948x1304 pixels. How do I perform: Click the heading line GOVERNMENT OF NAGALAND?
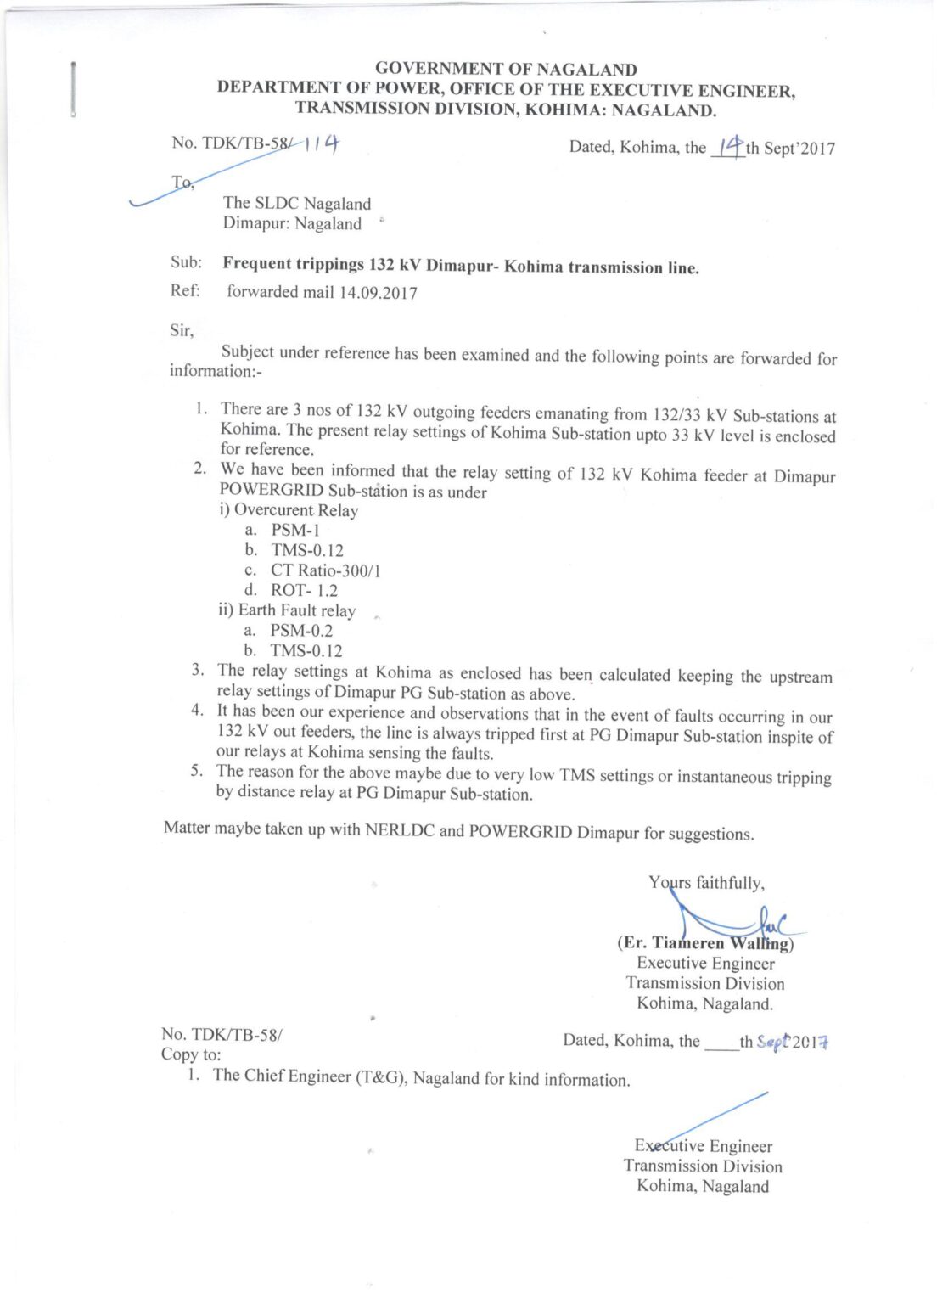coord(506,70)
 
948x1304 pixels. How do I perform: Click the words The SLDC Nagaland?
coord(296,204)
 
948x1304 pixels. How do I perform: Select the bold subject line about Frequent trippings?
coord(461,266)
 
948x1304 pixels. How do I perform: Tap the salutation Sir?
coord(182,331)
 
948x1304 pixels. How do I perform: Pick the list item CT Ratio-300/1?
coord(325,570)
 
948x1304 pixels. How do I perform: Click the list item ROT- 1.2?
coord(304,590)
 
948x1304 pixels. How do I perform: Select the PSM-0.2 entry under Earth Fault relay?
coord(301,631)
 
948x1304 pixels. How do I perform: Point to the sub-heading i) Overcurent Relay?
coord(289,510)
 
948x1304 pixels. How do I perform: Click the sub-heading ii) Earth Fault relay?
coord(287,610)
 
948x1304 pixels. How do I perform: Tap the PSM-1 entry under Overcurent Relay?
coord(295,531)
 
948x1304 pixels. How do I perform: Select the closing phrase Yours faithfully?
coord(706,883)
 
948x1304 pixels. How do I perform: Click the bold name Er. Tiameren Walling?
coord(705,943)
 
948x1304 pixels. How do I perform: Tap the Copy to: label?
coord(191,1054)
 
